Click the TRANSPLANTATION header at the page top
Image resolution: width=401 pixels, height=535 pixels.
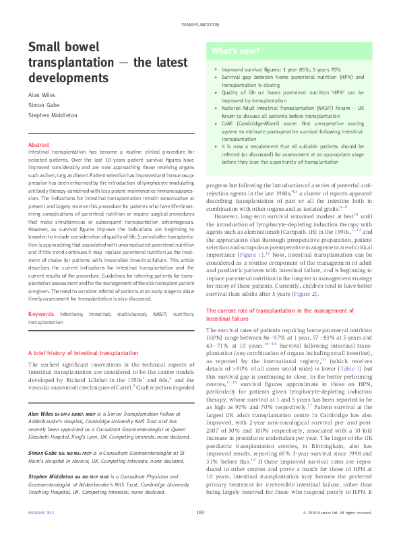click(x=200, y=24)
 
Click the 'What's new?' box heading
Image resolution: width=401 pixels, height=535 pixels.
click(x=233, y=51)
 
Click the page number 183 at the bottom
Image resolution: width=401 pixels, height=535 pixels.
click(x=200, y=513)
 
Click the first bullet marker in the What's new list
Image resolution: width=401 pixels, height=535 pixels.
click(x=214, y=69)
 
